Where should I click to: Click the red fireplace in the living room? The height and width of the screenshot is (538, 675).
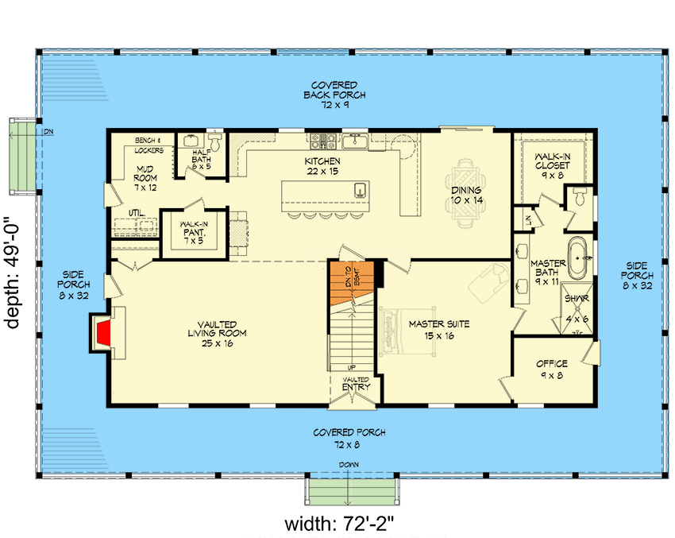102,333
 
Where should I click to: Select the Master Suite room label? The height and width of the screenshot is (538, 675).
439,329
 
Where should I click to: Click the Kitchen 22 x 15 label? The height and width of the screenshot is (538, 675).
322,166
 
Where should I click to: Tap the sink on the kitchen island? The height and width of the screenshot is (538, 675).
359,189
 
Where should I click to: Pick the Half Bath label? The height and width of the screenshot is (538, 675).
202,161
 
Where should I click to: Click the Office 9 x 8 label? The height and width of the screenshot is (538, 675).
550,370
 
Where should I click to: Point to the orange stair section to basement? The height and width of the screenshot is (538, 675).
350,284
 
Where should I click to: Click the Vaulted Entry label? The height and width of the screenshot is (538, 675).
355,384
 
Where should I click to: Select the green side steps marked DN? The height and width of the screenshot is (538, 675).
23,157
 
